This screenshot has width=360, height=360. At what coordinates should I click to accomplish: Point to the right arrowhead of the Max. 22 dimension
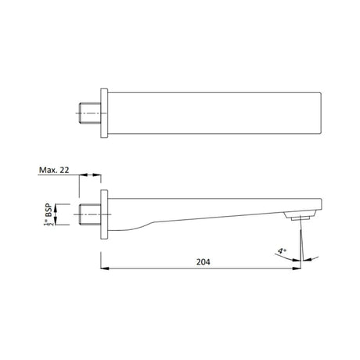tap(99, 175)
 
